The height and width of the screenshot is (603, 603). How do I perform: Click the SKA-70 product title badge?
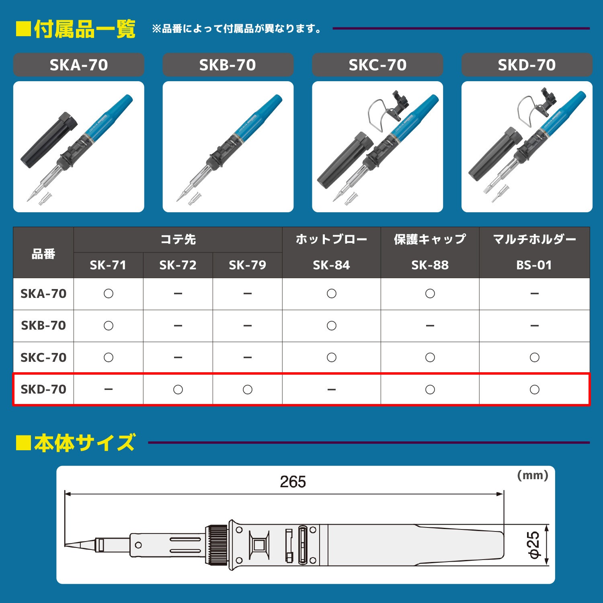coord(79,65)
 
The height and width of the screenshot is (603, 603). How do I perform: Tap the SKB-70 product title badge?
coord(228,65)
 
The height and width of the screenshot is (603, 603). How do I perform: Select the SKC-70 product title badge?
coord(377,65)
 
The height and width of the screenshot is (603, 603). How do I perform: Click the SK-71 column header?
coord(108,265)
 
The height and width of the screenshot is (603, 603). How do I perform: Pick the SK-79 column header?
coord(247,265)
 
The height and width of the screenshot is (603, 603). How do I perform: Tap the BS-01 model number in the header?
coord(534,265)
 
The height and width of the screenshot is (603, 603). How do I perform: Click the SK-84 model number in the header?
coord(331,265)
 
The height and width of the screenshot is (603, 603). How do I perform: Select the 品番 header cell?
coord(43,254)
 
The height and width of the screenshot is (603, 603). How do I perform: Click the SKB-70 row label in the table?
coord(43,325)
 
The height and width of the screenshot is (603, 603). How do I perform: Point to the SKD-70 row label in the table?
coord(43,389)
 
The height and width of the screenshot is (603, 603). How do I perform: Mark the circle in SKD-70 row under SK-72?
coord(178,389)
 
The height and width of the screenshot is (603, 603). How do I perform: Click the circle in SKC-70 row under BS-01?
coord(534,357)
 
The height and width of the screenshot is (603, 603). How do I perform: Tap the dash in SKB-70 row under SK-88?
coord(430,326)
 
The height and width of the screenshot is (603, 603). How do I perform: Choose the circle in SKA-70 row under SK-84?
coord(331,293)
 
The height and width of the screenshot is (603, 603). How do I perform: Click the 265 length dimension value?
coord(293,482)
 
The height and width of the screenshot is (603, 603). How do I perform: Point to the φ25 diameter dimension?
coord(534,545)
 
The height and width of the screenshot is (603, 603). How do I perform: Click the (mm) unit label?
coord(532,475)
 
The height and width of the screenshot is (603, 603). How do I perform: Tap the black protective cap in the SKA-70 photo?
coord(49,141)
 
